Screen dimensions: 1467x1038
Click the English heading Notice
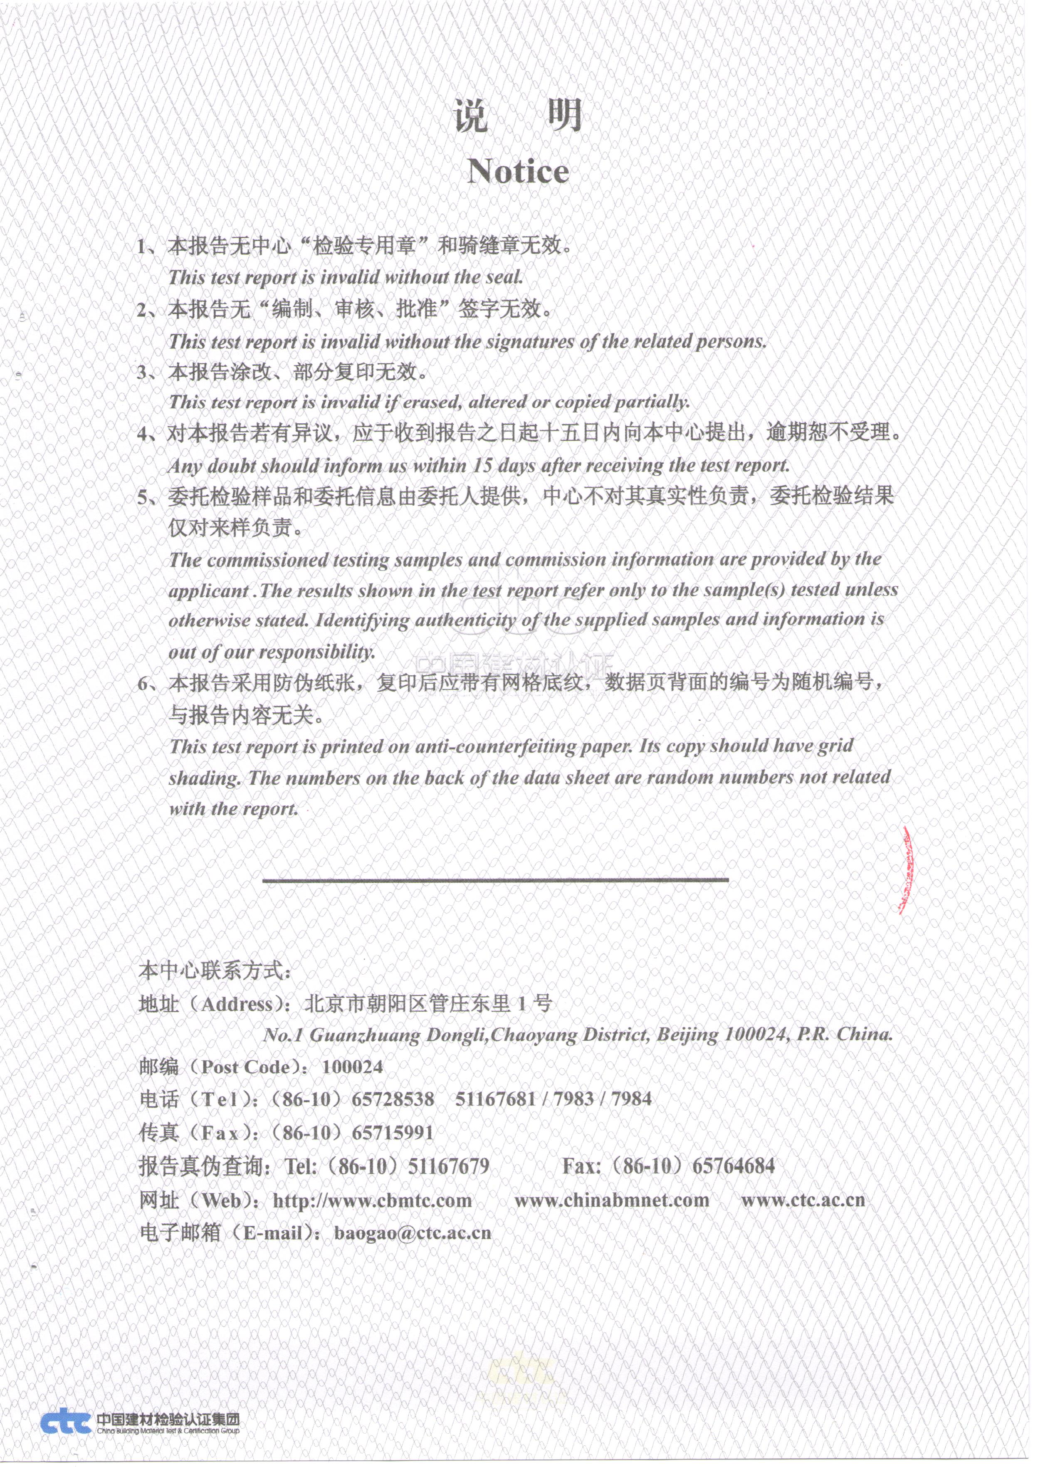coord(518,171)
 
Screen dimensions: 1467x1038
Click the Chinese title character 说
coord(471,116)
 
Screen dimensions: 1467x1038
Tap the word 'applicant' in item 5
coord(208,591)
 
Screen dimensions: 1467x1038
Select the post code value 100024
coord(352,1067)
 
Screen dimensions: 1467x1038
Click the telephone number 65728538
coord(393,1099)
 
